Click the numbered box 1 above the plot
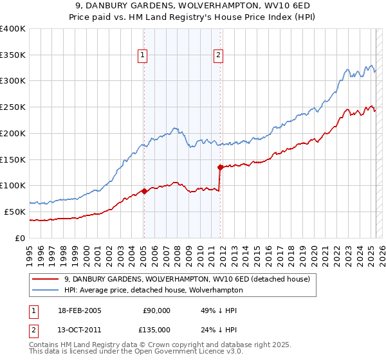click(142, 55)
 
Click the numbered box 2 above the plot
click(219, 55)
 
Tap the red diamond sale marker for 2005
click(144, 191)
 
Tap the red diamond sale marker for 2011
click(220, 167)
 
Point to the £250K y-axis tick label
click(13, 107)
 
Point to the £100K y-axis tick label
click(13, 186)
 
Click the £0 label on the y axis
click(21, 238)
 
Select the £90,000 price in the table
click(156, 310)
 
